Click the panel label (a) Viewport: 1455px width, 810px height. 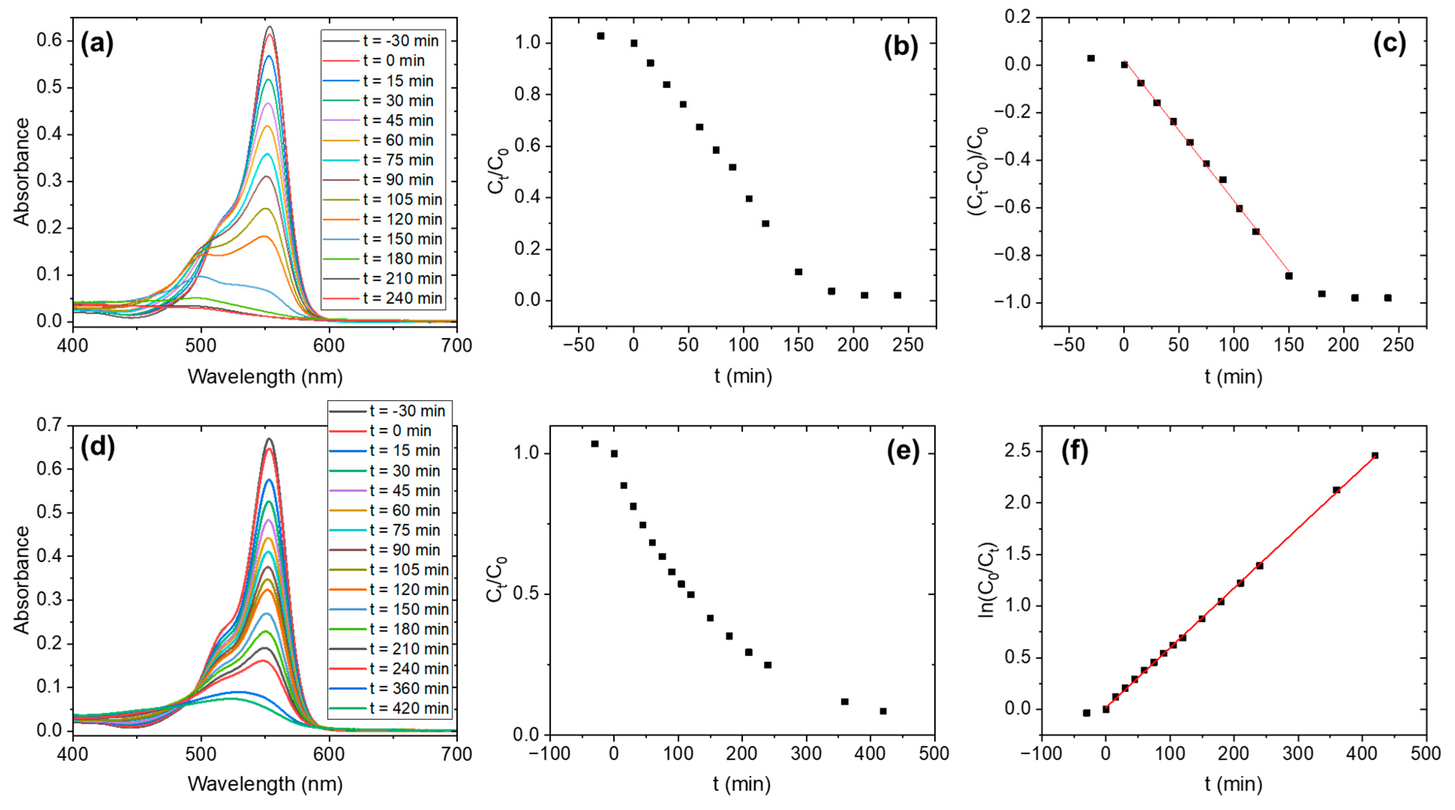tap(97, 43)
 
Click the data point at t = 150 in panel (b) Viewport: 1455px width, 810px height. tap(798, 272)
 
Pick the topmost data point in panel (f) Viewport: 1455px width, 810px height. tap(1375, 456)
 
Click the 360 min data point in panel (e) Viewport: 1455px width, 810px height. tap(844, 702)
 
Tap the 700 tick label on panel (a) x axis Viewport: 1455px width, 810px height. tap(456, 345)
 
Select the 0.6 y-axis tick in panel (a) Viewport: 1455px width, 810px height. tap(50, 40)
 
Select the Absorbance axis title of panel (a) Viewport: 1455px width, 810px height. tap(21, 172)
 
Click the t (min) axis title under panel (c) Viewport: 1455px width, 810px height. tap(1234, 377)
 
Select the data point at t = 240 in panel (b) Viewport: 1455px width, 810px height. tap(897, 295)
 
